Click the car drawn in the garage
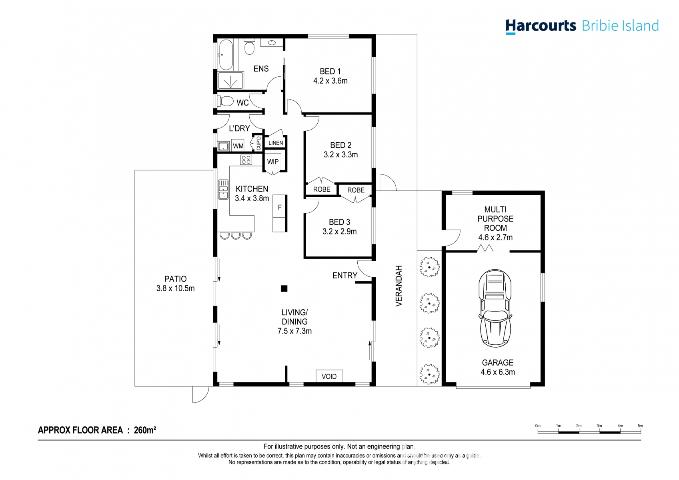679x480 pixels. (x=495, y=308)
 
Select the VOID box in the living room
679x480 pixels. (x=329, y=376)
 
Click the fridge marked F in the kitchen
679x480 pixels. (x=280, y=207)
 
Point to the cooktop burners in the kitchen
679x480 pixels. (x=246, y=160)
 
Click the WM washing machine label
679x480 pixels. (x=238, y=146)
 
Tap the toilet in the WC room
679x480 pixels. (x=226, y=101)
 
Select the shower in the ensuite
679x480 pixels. (x=230, y=81)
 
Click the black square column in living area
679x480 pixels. (x=284, y=288)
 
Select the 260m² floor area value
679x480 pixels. (x=144, y=430)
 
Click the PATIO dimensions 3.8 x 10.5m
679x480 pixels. (x=175, y=288)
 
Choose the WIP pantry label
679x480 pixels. (x=273, y=162)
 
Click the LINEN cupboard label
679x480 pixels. (x=275, y=143)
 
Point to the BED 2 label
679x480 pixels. (x=341, y=145)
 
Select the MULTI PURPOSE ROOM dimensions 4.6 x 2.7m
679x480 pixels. (x=495, y=237)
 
